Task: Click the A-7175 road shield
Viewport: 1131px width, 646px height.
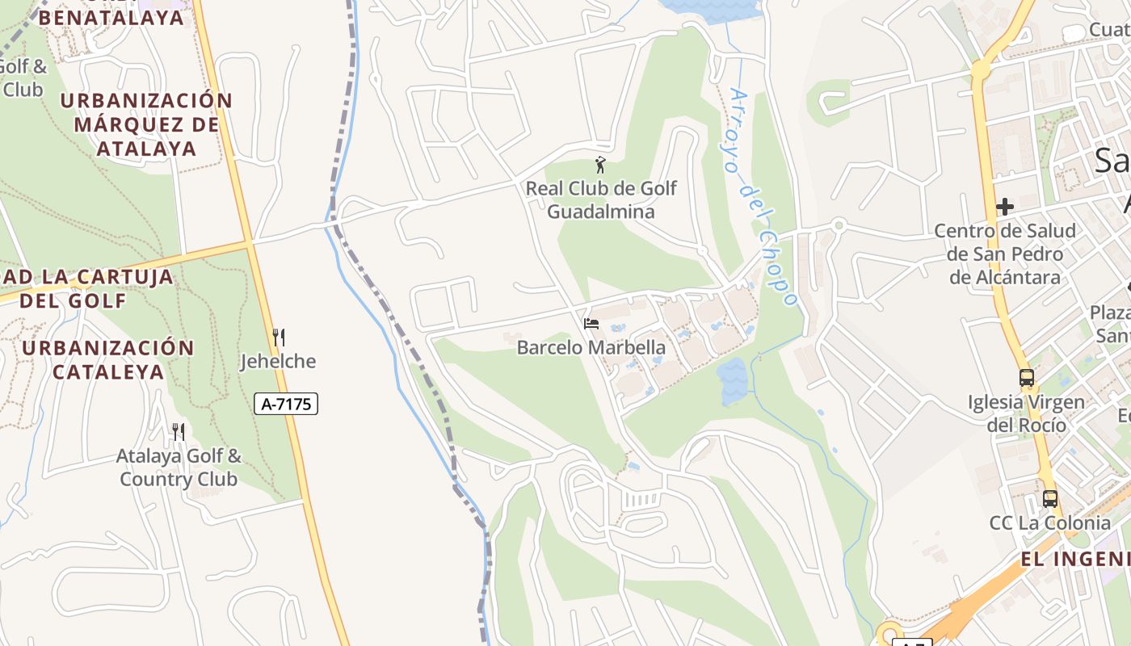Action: (286, 404)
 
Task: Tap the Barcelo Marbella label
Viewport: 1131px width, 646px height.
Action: (591, 348)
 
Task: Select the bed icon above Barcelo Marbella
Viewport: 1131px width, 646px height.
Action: (591, 324)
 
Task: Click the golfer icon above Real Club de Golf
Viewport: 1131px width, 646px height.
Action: (600, 166)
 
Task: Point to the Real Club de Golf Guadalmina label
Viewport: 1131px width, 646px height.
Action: (601, 200)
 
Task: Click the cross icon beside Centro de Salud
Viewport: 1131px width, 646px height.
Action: (1005, 207)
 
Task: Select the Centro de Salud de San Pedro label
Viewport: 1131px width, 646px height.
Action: (1005, 254)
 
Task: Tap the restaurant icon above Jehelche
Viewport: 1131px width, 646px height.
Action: (278, 337)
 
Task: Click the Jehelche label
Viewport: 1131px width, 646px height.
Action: (278, 361)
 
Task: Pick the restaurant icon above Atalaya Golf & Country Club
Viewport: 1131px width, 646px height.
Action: (178, 432)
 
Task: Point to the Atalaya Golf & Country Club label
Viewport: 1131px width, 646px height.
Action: (179, 468)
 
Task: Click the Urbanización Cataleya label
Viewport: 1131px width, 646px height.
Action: (108, 360)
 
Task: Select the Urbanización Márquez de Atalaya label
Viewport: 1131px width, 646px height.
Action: (146, 124)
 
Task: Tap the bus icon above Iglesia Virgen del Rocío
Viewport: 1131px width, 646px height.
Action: (1027, 377)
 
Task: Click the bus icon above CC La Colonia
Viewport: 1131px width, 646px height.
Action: (1050, 498)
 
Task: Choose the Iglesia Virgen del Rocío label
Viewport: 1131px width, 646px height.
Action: (1027, 413)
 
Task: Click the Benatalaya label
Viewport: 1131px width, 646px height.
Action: (111, 17)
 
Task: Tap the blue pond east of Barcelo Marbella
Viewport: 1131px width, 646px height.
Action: (732, 381)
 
